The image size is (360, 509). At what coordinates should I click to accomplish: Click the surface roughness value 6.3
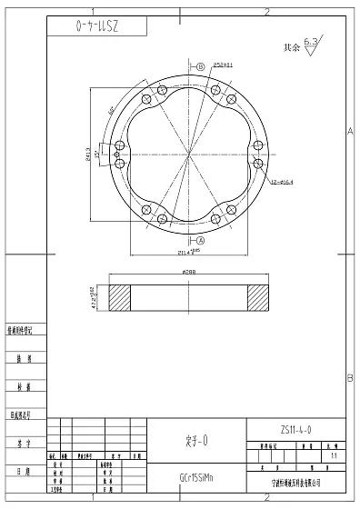[x=311, y=42]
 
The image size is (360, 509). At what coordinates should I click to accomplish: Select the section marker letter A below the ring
[x=200, y=242]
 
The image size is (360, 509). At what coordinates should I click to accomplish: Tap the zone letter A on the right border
[x=351, y=133]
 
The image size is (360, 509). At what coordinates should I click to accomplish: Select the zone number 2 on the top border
[x=265, y=11]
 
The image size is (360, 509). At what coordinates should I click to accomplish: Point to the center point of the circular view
[x=190, y=155]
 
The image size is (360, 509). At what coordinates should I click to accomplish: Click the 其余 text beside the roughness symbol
[x=291, y=46]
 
